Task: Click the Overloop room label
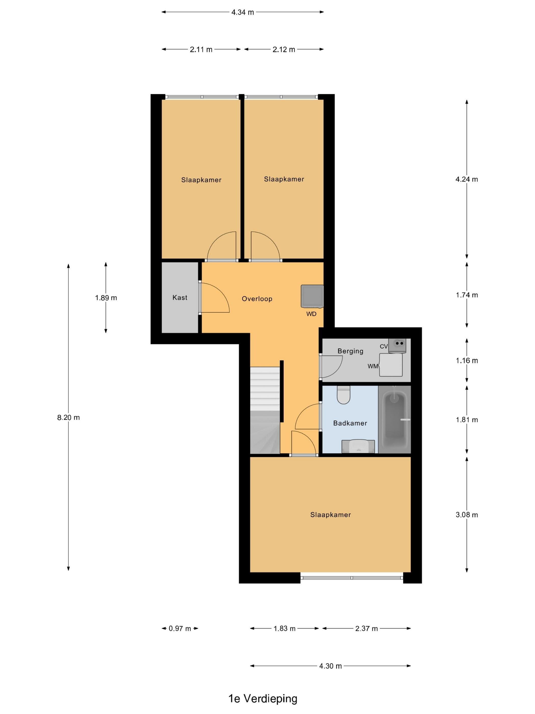pos(257,299)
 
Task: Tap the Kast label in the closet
pos(180,297)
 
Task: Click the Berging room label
pos(350,351)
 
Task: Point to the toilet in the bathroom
pos(343,395)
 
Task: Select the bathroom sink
pos(358,447)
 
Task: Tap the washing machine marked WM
pos(391,365)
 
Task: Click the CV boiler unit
pos(397,345)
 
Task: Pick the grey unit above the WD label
pos(312,296)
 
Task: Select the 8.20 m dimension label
pos(68,417)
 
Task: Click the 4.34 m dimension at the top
pos(243,12)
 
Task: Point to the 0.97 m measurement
pos(180,629)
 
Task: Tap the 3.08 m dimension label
pos(467,515)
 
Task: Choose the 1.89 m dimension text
pos(106,298)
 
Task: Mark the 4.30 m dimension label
pos(330,666)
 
